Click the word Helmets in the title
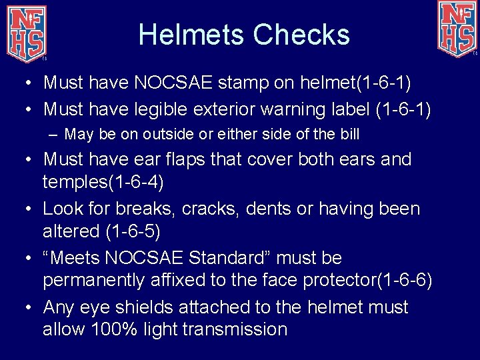[185, 35]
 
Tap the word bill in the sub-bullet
[349, 134]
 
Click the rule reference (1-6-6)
[405, 280]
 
